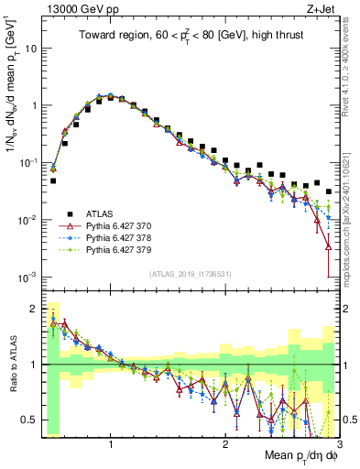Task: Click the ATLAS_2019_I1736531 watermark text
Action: [191, 274]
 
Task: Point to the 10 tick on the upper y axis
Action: [29, 48]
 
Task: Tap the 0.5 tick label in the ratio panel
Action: [27, 420]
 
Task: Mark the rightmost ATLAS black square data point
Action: [329, 191]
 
